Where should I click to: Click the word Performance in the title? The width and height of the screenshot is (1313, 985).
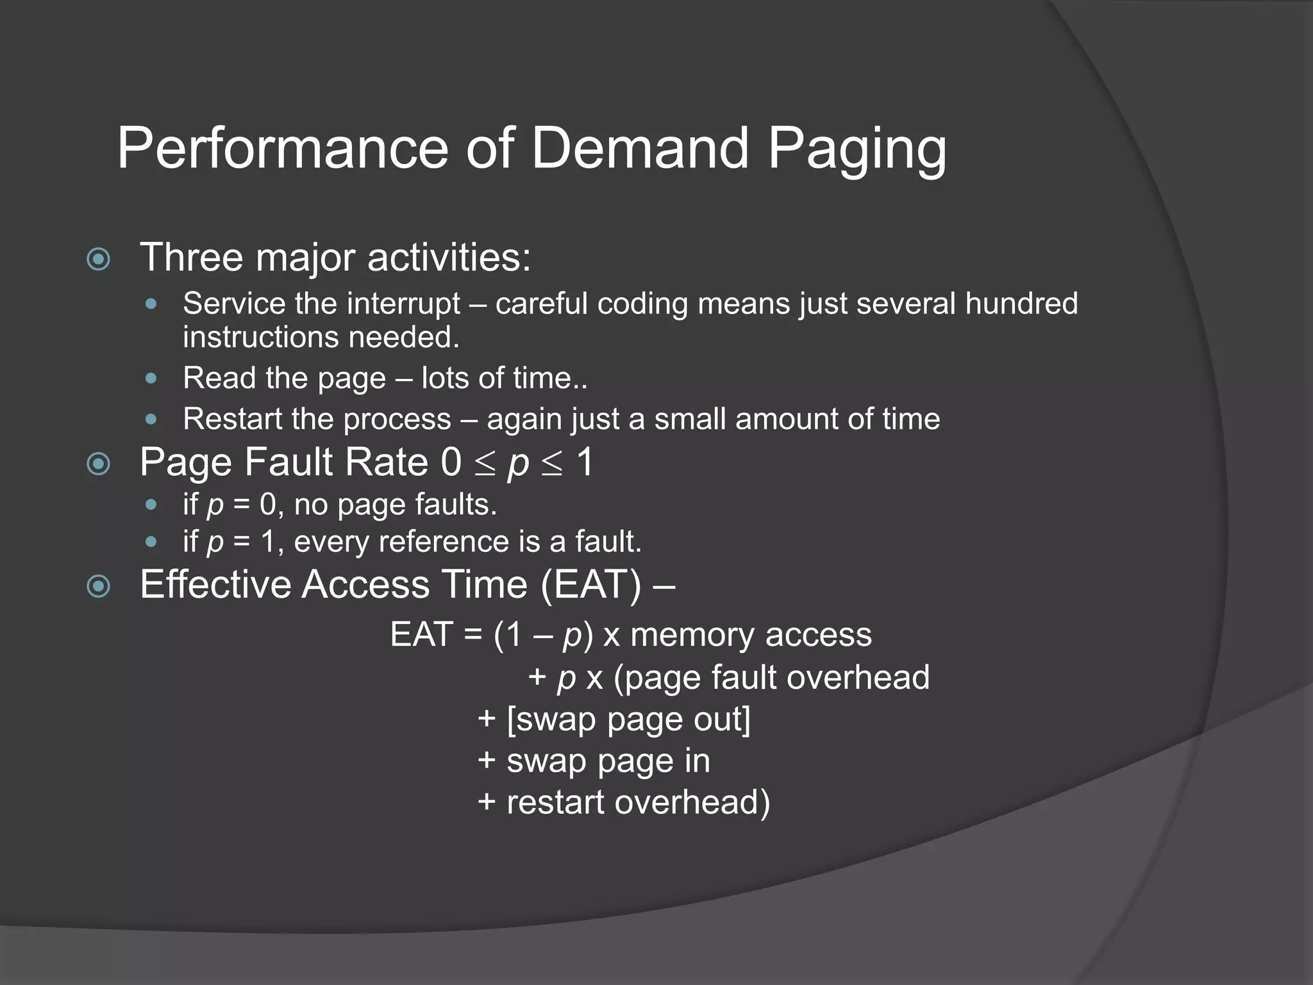[x=282, y=148]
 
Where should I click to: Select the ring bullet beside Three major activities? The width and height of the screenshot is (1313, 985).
[x=99, y=259]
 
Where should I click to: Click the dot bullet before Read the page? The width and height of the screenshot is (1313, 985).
[x=151, y=378]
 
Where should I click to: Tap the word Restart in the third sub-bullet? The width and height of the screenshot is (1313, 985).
[x=231, y=419]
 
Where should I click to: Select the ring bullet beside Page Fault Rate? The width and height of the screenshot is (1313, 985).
[x=99, y=464]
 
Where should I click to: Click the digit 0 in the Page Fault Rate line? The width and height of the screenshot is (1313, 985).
[x=451, y=462]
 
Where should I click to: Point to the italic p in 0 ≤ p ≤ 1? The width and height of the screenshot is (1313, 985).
[x=518, y=464]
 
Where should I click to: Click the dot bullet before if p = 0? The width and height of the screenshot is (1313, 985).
[x=151, y=505]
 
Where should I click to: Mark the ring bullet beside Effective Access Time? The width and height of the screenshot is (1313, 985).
[x=99, y=585]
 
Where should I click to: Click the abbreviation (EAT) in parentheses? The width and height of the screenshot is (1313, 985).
[x=590, y=585]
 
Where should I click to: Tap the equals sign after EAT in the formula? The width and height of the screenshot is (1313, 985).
[x=473, y=636]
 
